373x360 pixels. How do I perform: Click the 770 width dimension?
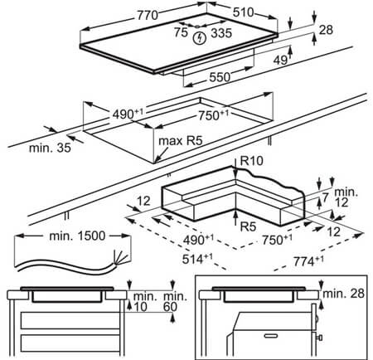148,16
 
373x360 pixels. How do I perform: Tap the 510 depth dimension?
243,12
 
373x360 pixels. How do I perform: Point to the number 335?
221,33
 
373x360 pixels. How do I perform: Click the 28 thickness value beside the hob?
326,30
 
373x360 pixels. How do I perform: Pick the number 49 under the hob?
280,60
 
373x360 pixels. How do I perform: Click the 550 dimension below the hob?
220,77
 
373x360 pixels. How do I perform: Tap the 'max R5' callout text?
181,141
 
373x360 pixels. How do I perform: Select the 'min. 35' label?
50,148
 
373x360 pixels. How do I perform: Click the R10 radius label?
252,161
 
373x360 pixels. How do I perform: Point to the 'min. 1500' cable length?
77,236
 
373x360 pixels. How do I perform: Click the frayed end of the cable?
119,259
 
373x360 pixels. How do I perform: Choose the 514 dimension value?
197,259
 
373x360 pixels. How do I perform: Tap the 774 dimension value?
308,261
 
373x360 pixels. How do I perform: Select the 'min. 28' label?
343,294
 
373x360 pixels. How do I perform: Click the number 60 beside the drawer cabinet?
170,307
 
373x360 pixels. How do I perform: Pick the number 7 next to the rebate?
325,197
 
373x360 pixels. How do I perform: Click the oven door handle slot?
270,336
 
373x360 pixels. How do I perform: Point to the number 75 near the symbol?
181,32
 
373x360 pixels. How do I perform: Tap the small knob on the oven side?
320,338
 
